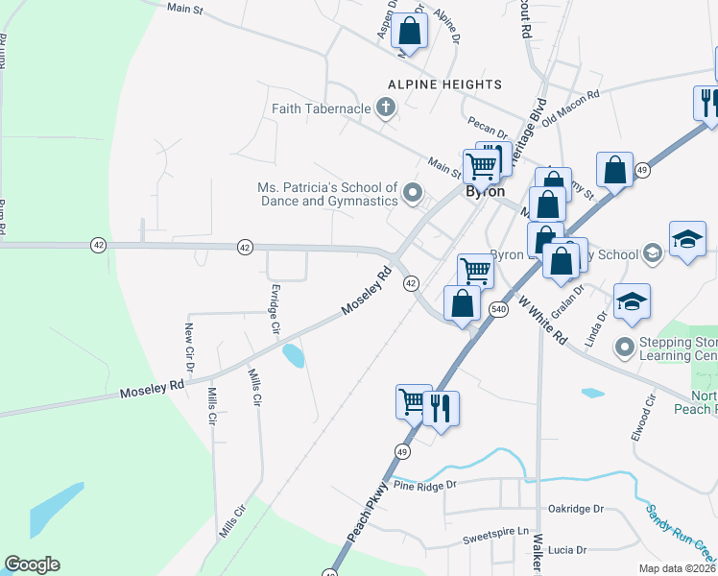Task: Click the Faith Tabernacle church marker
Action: click(x=386, y=108)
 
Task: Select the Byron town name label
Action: click(x=485, y=191)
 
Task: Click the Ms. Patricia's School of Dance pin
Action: click(x=413, y=193)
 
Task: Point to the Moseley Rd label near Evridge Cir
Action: click(x=368, y=293)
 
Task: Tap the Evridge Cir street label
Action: click(x=275, y=311)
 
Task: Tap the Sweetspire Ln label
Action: click(x=496, y=532)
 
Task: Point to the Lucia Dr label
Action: click(x=567, y=549)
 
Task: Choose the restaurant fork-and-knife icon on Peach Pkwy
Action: click(x=441, y=407)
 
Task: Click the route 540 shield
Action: click(x=498, y=309)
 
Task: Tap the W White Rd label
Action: click(x=542, y=321)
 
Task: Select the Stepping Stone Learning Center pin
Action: click(x=626, y=346)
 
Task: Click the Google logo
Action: click(x=32, y=564)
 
